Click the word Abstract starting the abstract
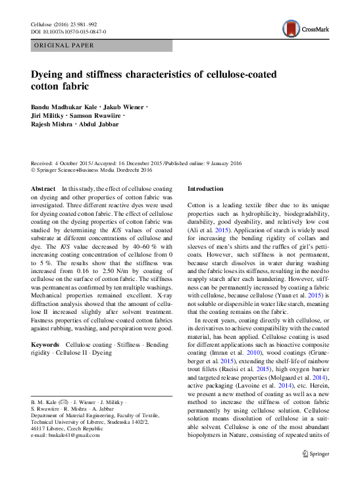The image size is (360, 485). pos(43,189)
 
